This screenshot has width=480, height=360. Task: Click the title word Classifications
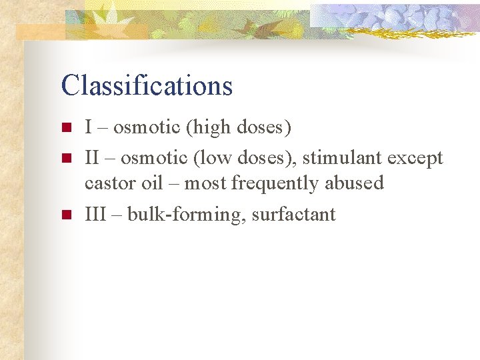[x=147, y=85]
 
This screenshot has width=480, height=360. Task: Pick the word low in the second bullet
[x=211, y=159]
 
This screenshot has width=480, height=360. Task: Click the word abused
[x=356, y=183]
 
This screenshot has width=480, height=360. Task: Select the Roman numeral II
[x=91, y=159]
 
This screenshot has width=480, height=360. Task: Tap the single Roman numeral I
[x=88, y=127]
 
